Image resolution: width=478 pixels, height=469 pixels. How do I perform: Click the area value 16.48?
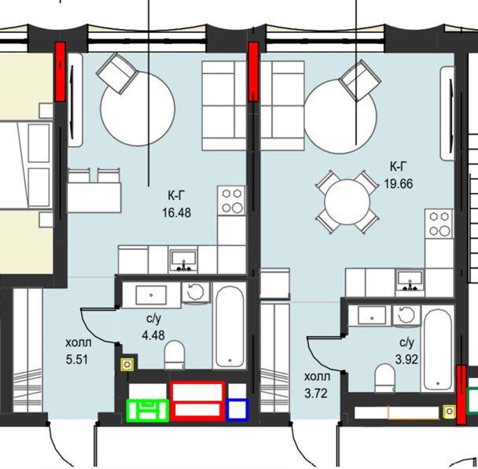click(177, 212)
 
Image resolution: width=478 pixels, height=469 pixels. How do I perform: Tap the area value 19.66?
click(399, 184)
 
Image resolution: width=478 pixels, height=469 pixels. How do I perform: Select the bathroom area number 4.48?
click(153, 335)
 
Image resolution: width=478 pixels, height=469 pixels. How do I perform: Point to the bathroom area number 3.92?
click(406, 360)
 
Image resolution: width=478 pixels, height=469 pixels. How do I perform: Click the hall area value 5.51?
click(77, 360)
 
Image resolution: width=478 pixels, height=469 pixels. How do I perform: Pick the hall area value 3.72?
click(316, 393)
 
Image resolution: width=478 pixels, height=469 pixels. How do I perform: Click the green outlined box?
click(148, 411)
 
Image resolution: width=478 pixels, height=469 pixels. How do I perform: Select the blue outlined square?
click(237, 410)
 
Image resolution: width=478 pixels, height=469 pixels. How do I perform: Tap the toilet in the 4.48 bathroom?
click(175, 355)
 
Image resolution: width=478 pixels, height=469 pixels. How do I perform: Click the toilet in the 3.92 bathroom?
click(384, 378)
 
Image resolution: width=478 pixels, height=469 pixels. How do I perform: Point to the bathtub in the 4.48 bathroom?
click(230, 325)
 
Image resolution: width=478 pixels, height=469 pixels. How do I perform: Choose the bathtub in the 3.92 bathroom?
click(438, 349)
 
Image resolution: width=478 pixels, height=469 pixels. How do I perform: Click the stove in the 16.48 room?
click(232, 201)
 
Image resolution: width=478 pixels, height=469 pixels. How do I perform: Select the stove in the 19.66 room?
click(439, 224)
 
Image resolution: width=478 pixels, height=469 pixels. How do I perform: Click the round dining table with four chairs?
click(347, 201)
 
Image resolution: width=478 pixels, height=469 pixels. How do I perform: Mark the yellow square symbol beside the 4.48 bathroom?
click(127, 364)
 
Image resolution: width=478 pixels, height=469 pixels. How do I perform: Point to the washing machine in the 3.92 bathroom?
click(406, 316)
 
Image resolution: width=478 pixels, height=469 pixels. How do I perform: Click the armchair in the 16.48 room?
click(117, 73)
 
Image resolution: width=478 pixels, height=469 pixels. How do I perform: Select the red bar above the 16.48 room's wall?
click(60, 72)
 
